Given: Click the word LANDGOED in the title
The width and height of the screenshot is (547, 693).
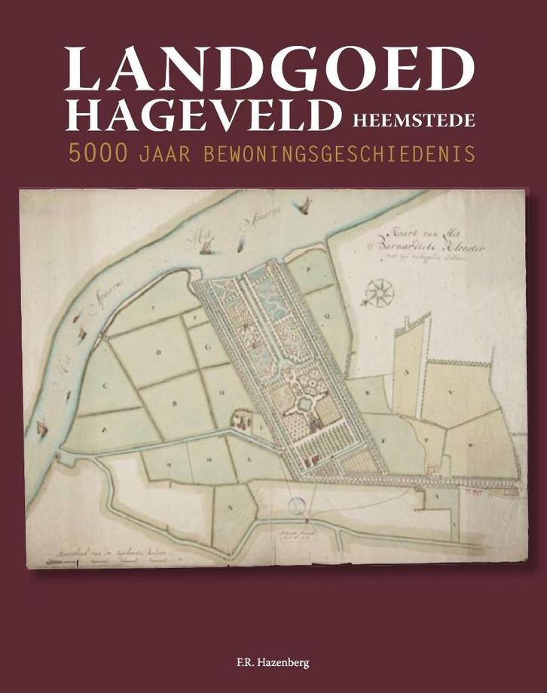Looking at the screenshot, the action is coord(269,69).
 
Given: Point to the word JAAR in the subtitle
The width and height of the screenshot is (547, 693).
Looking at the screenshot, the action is coord(165,154).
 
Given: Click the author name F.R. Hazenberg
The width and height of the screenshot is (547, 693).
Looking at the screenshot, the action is coord(273,664).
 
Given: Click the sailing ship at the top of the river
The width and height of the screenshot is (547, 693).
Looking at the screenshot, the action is coord(304,206).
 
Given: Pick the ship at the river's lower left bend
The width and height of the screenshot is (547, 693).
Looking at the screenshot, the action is coord(42,430).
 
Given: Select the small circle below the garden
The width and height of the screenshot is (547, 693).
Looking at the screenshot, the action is coord(296,507).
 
